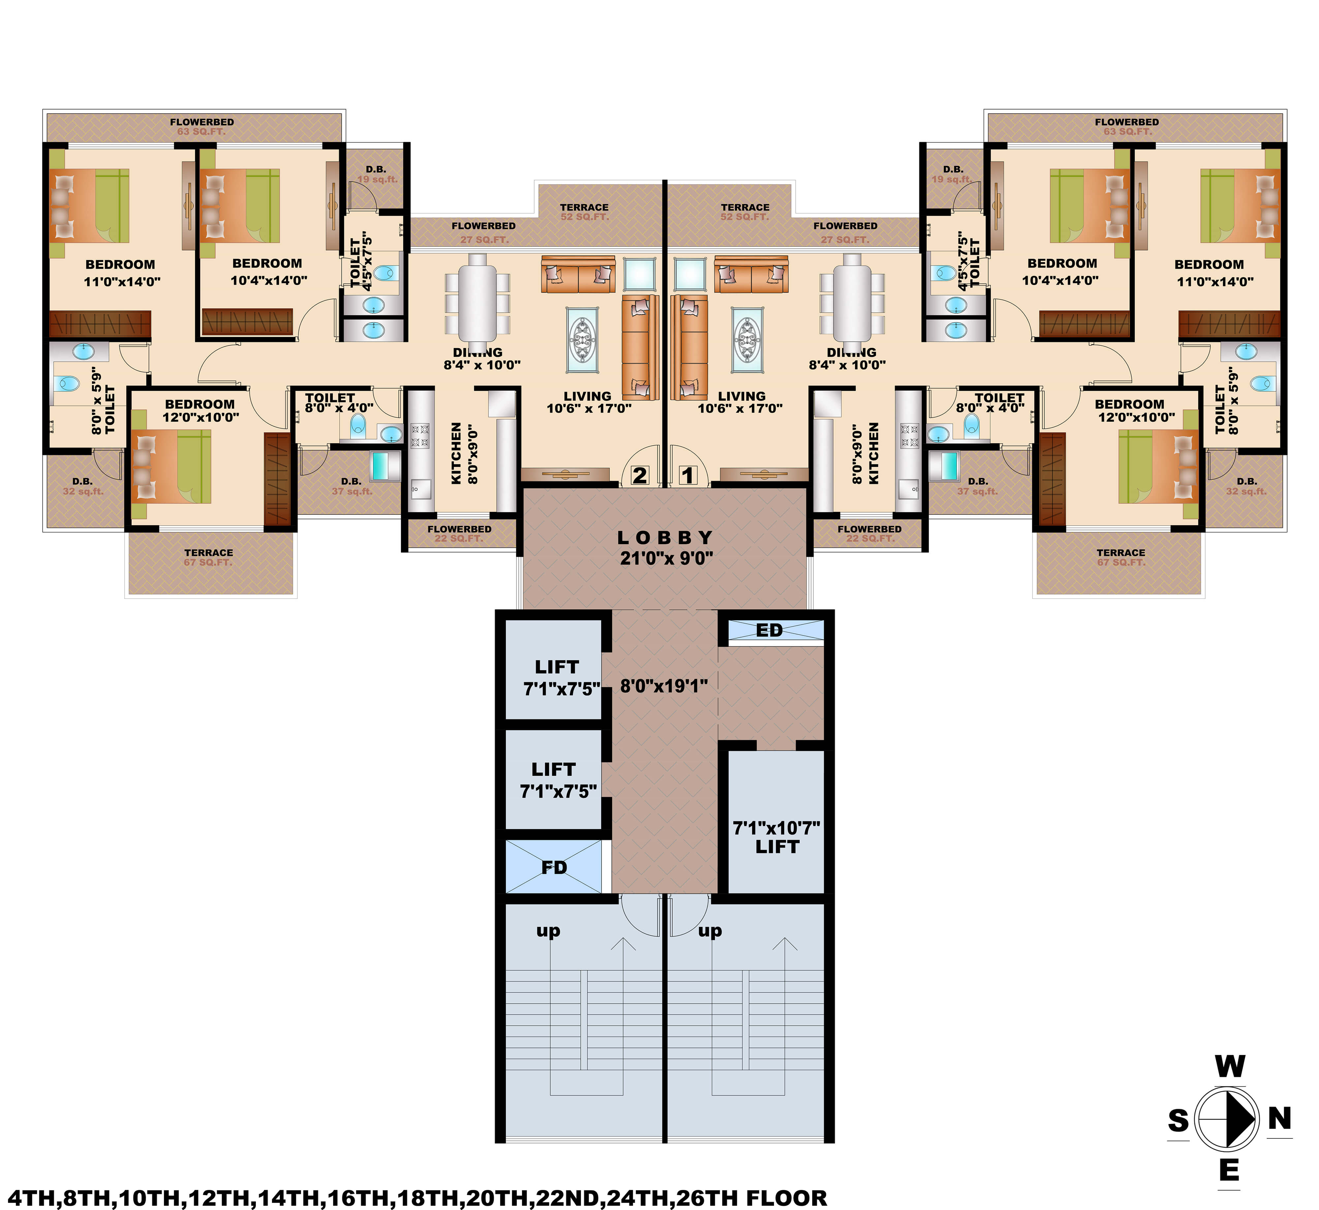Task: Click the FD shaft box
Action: coord(554,868)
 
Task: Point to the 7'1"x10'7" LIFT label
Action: coord(776,837)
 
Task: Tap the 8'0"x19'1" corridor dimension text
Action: coord(664,686)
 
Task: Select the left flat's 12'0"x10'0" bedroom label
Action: coord(200,411)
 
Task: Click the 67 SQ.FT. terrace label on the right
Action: coord(1121,557)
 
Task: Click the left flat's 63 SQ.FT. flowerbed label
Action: coord(201,126)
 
